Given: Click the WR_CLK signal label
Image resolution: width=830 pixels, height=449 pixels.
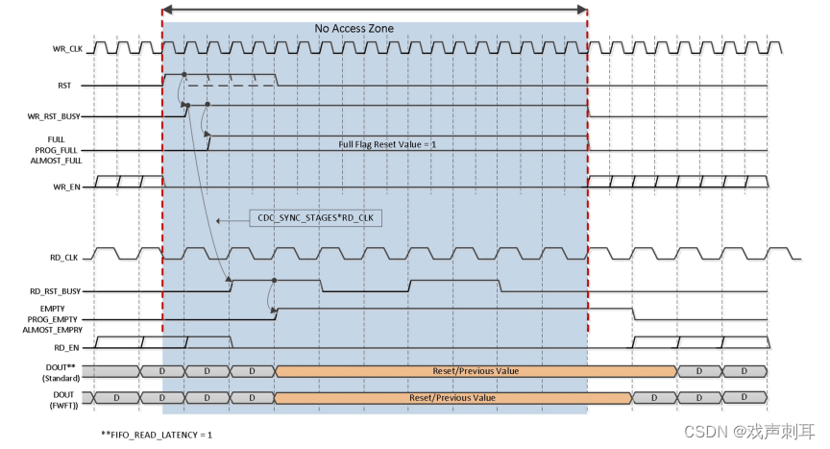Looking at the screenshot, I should coord(66,48).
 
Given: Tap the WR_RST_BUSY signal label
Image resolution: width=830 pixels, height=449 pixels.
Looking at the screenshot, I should coord(55,117).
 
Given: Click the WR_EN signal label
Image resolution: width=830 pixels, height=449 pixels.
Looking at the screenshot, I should coord(65,187).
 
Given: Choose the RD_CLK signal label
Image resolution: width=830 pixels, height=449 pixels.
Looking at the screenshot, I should coord(65,258).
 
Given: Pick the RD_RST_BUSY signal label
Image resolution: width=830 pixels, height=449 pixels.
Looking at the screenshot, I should coord(55,290).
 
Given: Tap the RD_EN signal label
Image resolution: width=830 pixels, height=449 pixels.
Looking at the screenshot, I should coord(66,347).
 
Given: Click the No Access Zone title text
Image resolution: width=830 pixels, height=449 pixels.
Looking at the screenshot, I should coord(354,29).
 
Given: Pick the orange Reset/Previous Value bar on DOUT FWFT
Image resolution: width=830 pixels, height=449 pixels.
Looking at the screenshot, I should coord(452,397).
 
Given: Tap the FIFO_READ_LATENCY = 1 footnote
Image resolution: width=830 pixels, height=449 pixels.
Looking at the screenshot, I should coord(157,435).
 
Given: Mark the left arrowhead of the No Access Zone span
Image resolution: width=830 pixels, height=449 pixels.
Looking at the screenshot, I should coord(167,10).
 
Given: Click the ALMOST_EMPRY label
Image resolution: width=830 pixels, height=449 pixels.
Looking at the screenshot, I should coord(52,329).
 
